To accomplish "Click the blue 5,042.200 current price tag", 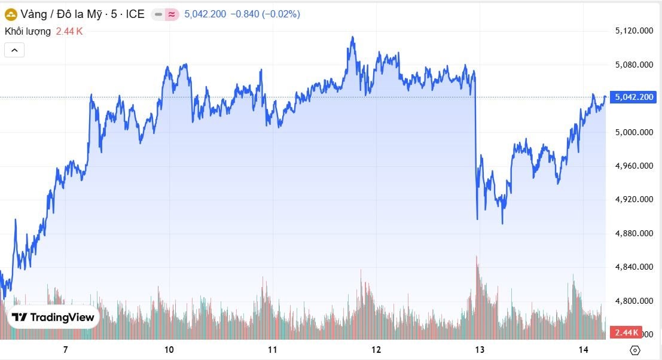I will coord(634,97).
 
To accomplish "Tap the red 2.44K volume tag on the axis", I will coord(625,332).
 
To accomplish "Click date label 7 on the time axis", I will coord(65,349).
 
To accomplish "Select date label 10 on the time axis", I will coord(169,349).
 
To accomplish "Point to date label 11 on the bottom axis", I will coord(272,349).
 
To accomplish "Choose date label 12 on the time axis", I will coord(376,349).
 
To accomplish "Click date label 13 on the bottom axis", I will coord(479,349).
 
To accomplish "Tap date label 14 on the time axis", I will coord(584,349).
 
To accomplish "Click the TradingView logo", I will coord(53,318).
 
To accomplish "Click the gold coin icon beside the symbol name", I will coord(11,14).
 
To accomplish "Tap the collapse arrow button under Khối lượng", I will coord(14,50).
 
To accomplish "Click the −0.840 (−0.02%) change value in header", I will coord(265,14).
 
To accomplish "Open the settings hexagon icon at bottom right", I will coord(635,350).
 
